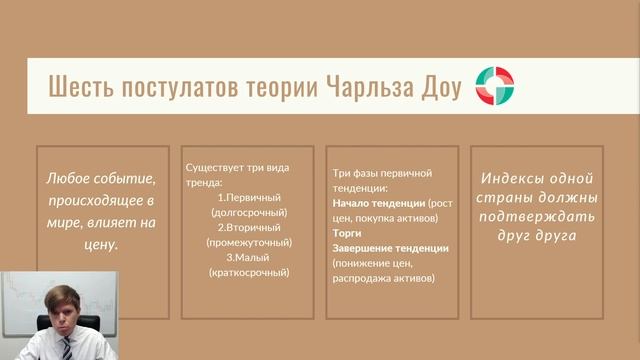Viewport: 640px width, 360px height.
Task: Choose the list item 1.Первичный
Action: [249, 197]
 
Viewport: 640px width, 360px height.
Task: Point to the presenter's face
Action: [64, 304]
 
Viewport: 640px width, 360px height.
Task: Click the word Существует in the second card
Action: [215, 166]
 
